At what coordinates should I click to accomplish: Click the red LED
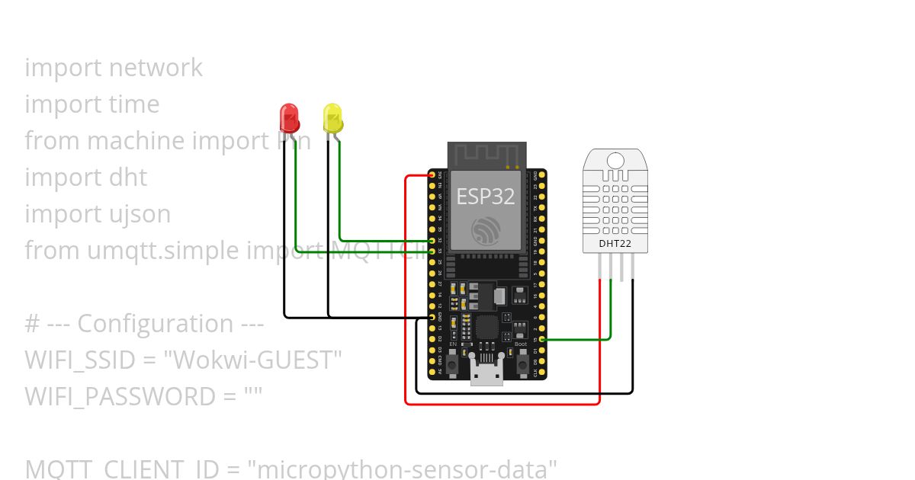(x=290, y=117)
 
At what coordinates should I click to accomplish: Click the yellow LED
(x=332, y=118)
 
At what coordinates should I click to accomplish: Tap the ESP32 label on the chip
(x=486, y=197)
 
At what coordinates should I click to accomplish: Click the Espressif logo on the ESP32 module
(x=486, y=230)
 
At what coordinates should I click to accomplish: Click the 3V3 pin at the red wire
(x=432, y=175)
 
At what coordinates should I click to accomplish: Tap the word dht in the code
(x=128, y=178)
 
